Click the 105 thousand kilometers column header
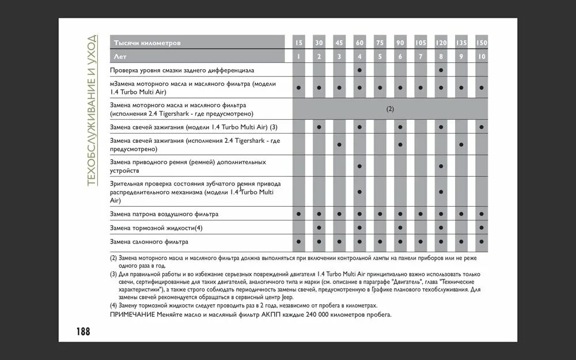pyautogui.click(x=420, y=43)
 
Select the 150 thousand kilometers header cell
pyautogui.click(x=482, y=43)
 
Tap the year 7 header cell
pyautogui.click(x=420, y=56)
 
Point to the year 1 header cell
pyautogui.click(x=298, y=56)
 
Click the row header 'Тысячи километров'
pyautogui.click(x=147, y=43)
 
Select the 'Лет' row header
pyautogui.click(x=120, y=56)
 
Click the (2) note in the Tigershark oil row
pyautogui.click(x=390, y=109)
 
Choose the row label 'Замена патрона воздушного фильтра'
pyautogui.click(x=164, y=214)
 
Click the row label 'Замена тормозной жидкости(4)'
pyautogui.click(x=156, y=228)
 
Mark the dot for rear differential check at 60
pyautogui.click(x=359, y=70)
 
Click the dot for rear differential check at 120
pyautogui.click(x=441, y=70)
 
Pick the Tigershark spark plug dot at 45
pyautogui.click(x=339, y=144)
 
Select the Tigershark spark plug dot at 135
pyautogui.click(x=461, y=144)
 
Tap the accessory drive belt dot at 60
pyautogui.click(x=359, y=166)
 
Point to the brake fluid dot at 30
pyautogui.click(x=319, y=228)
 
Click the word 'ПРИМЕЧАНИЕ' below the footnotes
pyautogui.click(x=132, y=315)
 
